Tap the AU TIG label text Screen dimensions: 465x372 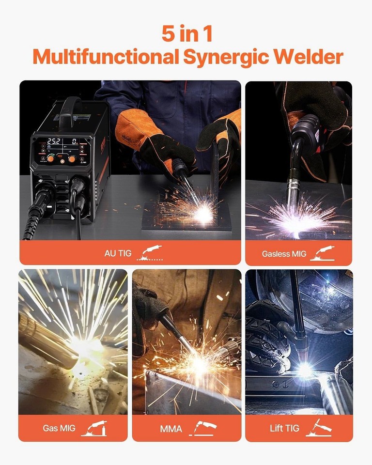pos(118,253)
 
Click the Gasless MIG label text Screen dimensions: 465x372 pos(284,253)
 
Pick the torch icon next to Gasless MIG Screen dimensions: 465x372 pos(322,253)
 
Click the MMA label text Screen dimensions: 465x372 pos(171,429)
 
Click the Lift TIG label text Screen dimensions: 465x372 pos(284,429)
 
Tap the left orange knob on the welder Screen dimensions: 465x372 pos(50,158)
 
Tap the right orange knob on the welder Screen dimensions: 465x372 pos(72,158)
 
